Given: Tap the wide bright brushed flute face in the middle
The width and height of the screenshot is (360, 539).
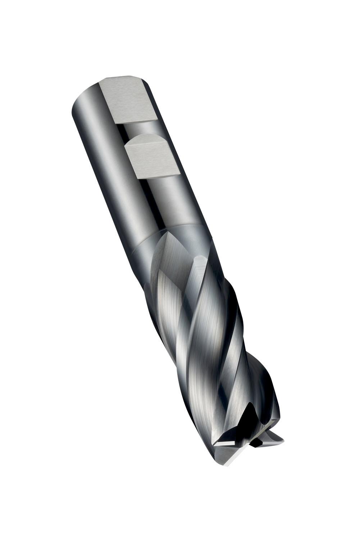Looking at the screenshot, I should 201,323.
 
